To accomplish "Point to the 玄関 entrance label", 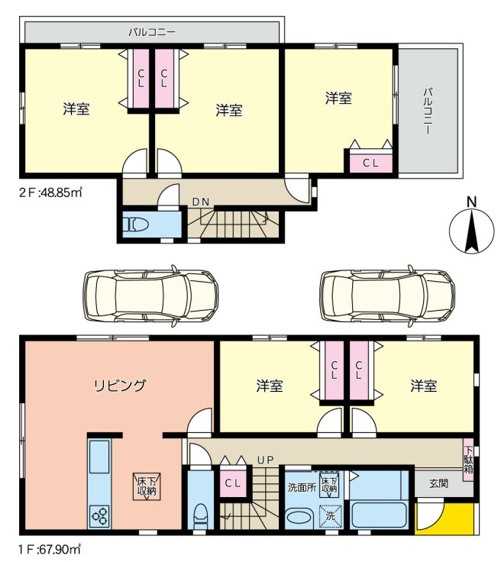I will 438,483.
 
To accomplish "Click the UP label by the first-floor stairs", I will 265,460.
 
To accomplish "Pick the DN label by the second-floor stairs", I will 200,202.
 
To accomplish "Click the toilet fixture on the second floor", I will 139,224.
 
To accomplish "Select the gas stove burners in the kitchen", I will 100,516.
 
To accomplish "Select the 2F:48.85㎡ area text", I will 50,192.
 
